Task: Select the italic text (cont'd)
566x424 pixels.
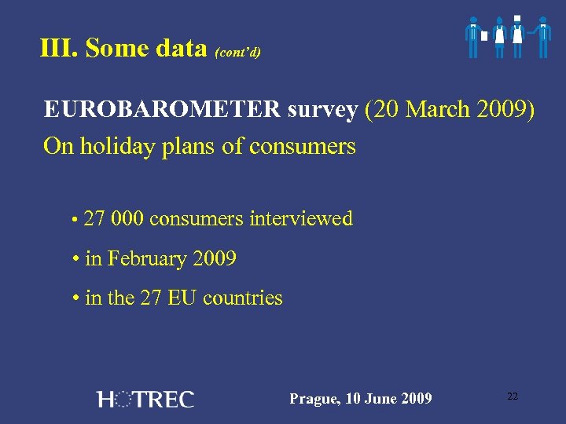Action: tap(237, 53)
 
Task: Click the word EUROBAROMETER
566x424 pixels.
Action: tap(162, 109)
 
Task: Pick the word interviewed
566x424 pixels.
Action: tap(301, 219)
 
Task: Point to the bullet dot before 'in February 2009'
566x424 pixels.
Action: tap(74, 260)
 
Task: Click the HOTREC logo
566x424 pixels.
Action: tap(145, 399)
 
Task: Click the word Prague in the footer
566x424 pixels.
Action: tap(313, 399)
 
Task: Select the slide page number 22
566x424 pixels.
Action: tap(513, 397)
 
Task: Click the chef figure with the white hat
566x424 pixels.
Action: tap(517, 36)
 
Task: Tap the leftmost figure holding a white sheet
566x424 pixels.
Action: tap(473, 36)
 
